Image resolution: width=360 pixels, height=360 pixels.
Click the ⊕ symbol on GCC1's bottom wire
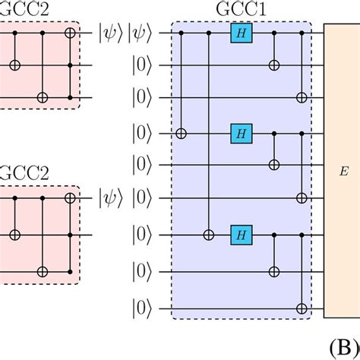click(x=304, y=308)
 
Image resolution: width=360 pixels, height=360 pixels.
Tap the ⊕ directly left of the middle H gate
click(x=182, y=134)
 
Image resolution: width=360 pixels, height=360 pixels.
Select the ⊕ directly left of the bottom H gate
click(x=210, y=235)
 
